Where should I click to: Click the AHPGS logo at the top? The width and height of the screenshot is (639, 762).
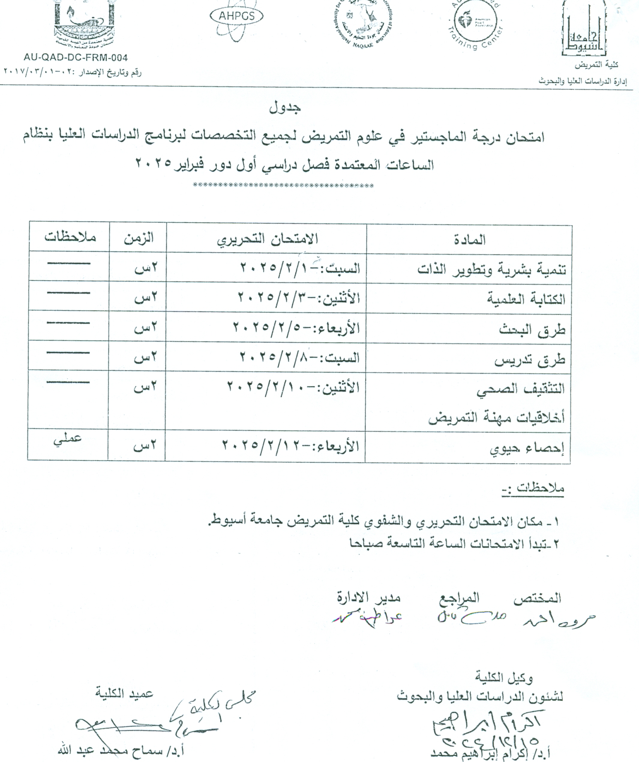click(236, 16)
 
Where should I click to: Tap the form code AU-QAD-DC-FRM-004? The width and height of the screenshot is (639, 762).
click(76, 58)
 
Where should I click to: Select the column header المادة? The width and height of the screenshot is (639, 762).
click(469, 240)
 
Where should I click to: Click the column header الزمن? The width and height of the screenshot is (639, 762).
click(139, 238)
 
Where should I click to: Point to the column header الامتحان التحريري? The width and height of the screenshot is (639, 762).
click(267, 239)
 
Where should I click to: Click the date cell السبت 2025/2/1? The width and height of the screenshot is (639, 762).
click(300, 268)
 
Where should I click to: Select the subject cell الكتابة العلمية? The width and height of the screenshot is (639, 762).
click(526, 299)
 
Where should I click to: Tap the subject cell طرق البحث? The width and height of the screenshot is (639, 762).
click(532, 330)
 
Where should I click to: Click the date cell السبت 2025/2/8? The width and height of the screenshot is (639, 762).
click(299, 358)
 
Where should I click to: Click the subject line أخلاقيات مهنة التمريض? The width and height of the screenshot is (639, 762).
click(496, 418)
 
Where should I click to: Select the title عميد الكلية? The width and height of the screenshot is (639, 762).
click(124, 693)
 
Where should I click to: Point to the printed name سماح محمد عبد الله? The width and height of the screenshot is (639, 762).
click(121, 749)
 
